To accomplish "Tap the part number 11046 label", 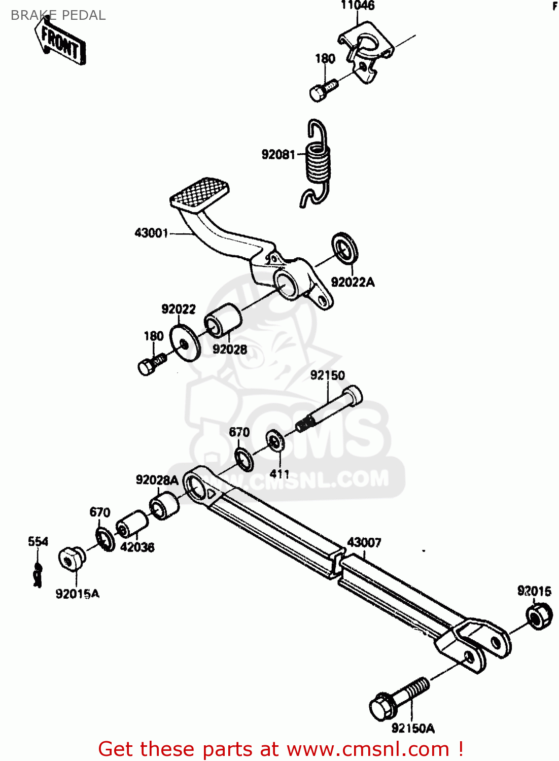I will pyautogui.click(x=358, y=6).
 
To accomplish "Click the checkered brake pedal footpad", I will pyautogui.click(x=199, y=194).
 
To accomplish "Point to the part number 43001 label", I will pyautogui.click(x=151, y=233).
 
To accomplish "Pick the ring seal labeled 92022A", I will pyautogui.click(x=345, y=248).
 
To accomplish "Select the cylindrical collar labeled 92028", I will pyautogui.click(x=223, y=320).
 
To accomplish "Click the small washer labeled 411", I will pyautogui.click(x=275, y=440).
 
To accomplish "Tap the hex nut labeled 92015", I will pyautogui.click(x=539, y=615).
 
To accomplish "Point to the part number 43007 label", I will pyautogui.click(x=364, y=542).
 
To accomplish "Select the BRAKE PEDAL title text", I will pyautogui.click(x=58, y=15).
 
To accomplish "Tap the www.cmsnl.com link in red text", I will pyautogui.click(x=368, y=749).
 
